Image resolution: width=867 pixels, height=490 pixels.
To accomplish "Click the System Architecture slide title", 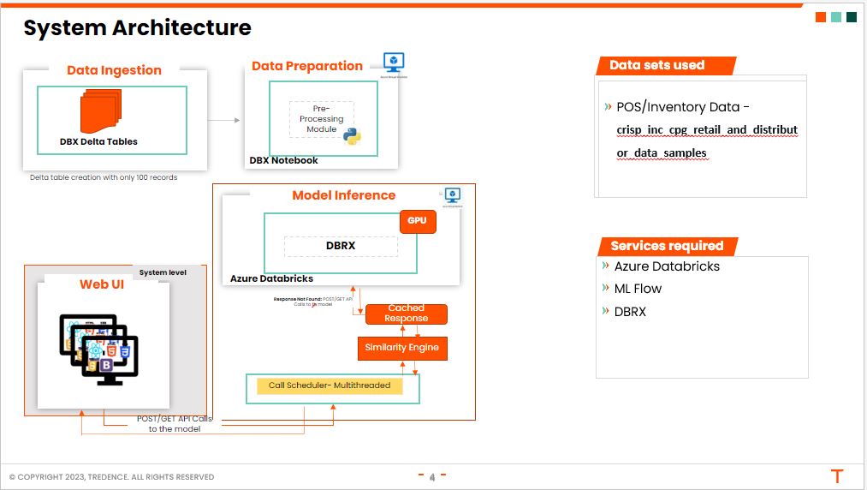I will tap(137, 28).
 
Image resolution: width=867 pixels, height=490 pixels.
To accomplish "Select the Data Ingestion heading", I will tap(114, 71).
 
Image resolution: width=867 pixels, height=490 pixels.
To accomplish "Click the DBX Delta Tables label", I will tap(98, 141).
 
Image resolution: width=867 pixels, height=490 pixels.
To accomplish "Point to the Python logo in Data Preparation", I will tap(352, 135).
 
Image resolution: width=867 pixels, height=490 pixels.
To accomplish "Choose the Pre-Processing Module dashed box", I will tap(321, 119).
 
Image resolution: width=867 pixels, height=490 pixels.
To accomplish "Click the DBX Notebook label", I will tap(283, 160).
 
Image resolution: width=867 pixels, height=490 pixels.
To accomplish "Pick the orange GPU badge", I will tap(417, 221).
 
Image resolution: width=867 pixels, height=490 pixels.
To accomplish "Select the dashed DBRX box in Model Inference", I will tap(341, 246).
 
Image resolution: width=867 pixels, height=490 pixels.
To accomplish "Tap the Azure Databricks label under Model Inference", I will tap(271, 278).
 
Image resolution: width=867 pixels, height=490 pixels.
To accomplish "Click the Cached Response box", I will tap(406, 314).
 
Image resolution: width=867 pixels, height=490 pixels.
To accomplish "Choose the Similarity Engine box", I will tap(401, 348).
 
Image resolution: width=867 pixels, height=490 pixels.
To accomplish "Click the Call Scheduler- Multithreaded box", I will tap(330, 385).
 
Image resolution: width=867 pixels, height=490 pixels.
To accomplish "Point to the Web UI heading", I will tap(102, 284).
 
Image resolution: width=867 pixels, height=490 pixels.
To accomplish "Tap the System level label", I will tap(163, 272).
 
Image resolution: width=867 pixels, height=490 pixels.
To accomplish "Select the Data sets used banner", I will tap(657, 65).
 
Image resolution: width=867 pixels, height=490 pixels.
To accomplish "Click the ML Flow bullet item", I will tap(638, 289).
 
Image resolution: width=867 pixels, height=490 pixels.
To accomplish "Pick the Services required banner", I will tap(667, 246).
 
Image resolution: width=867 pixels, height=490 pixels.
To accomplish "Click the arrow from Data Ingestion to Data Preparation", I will tap(224, 120).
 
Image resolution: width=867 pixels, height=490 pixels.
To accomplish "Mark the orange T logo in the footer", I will tap(837, 476).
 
